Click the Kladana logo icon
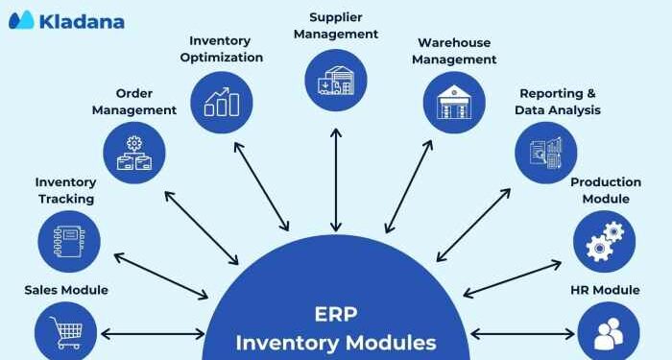click(21, 19)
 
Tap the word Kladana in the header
click(83, 20)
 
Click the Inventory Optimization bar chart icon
click(223, 102)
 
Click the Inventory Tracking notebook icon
click(69, 241)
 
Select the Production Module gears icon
click(605, 241)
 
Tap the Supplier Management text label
click(336, 25)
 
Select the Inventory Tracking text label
click(65, 190)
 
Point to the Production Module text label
click(606, 190)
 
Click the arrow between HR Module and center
click(522, 334)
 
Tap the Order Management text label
click(134, 102)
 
